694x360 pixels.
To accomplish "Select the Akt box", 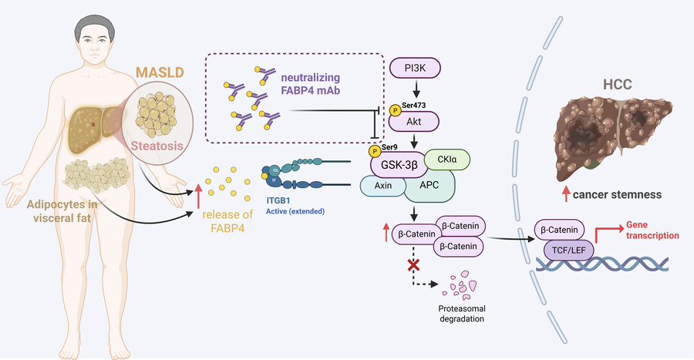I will click(x=417, y=121).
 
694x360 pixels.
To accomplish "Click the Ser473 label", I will click(x=413, y=103).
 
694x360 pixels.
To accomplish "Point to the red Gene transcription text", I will click(x=644, y=230).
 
